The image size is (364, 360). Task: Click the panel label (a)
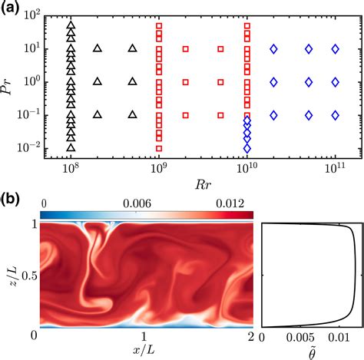coord(12,9)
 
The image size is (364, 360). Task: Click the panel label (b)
coord(12,195)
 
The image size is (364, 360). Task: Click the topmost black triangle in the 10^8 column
coord(71,25)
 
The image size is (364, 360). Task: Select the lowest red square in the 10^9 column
coord(159,148)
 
